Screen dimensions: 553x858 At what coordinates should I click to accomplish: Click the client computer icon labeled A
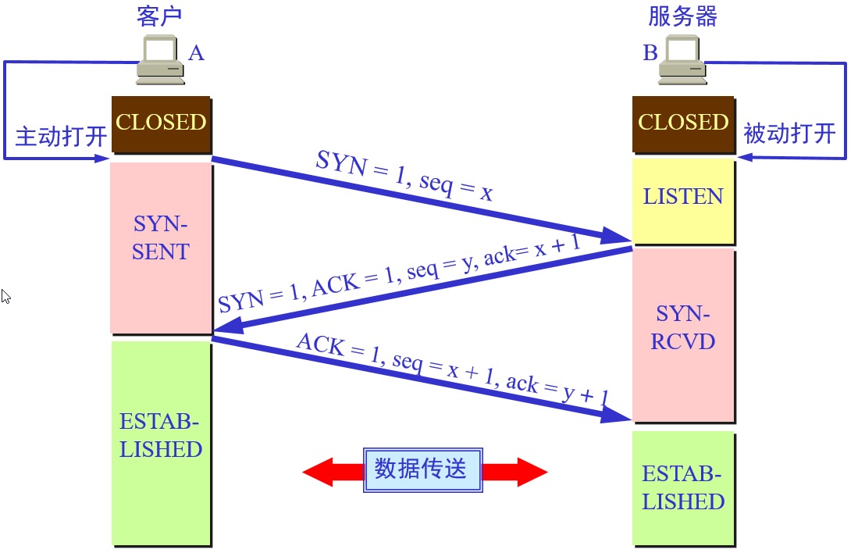click(x=160, y=61)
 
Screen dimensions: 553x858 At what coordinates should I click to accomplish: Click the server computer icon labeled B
click(x=682, y=61)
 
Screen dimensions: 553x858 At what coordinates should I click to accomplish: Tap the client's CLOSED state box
click(x=161, y=123)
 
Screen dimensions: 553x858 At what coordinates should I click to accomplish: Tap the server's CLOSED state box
click(x=683, y=123)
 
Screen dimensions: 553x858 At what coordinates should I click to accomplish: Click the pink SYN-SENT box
click(x=161, y=247)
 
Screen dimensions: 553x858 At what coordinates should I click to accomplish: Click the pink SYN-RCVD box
click(x=683, y=334)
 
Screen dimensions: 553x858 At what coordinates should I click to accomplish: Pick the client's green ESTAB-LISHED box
click(x=161, y=441)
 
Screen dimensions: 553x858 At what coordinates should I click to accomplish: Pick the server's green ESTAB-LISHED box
click(x=683, y=487)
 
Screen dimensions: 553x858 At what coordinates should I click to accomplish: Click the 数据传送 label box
click(x=422, y=469)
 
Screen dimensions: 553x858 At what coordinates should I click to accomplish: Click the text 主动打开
click(x=61, y=137)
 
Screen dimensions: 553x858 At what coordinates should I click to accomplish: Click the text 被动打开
click(x=789, y=134)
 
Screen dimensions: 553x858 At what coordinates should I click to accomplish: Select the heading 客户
click(x=159, y=16)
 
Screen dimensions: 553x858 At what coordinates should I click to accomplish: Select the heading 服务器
click(x=682, y=16)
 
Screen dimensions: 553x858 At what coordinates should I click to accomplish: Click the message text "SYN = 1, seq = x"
click(x=404, y=176)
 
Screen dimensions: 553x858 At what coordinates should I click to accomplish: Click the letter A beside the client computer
click(x=196, y=53)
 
